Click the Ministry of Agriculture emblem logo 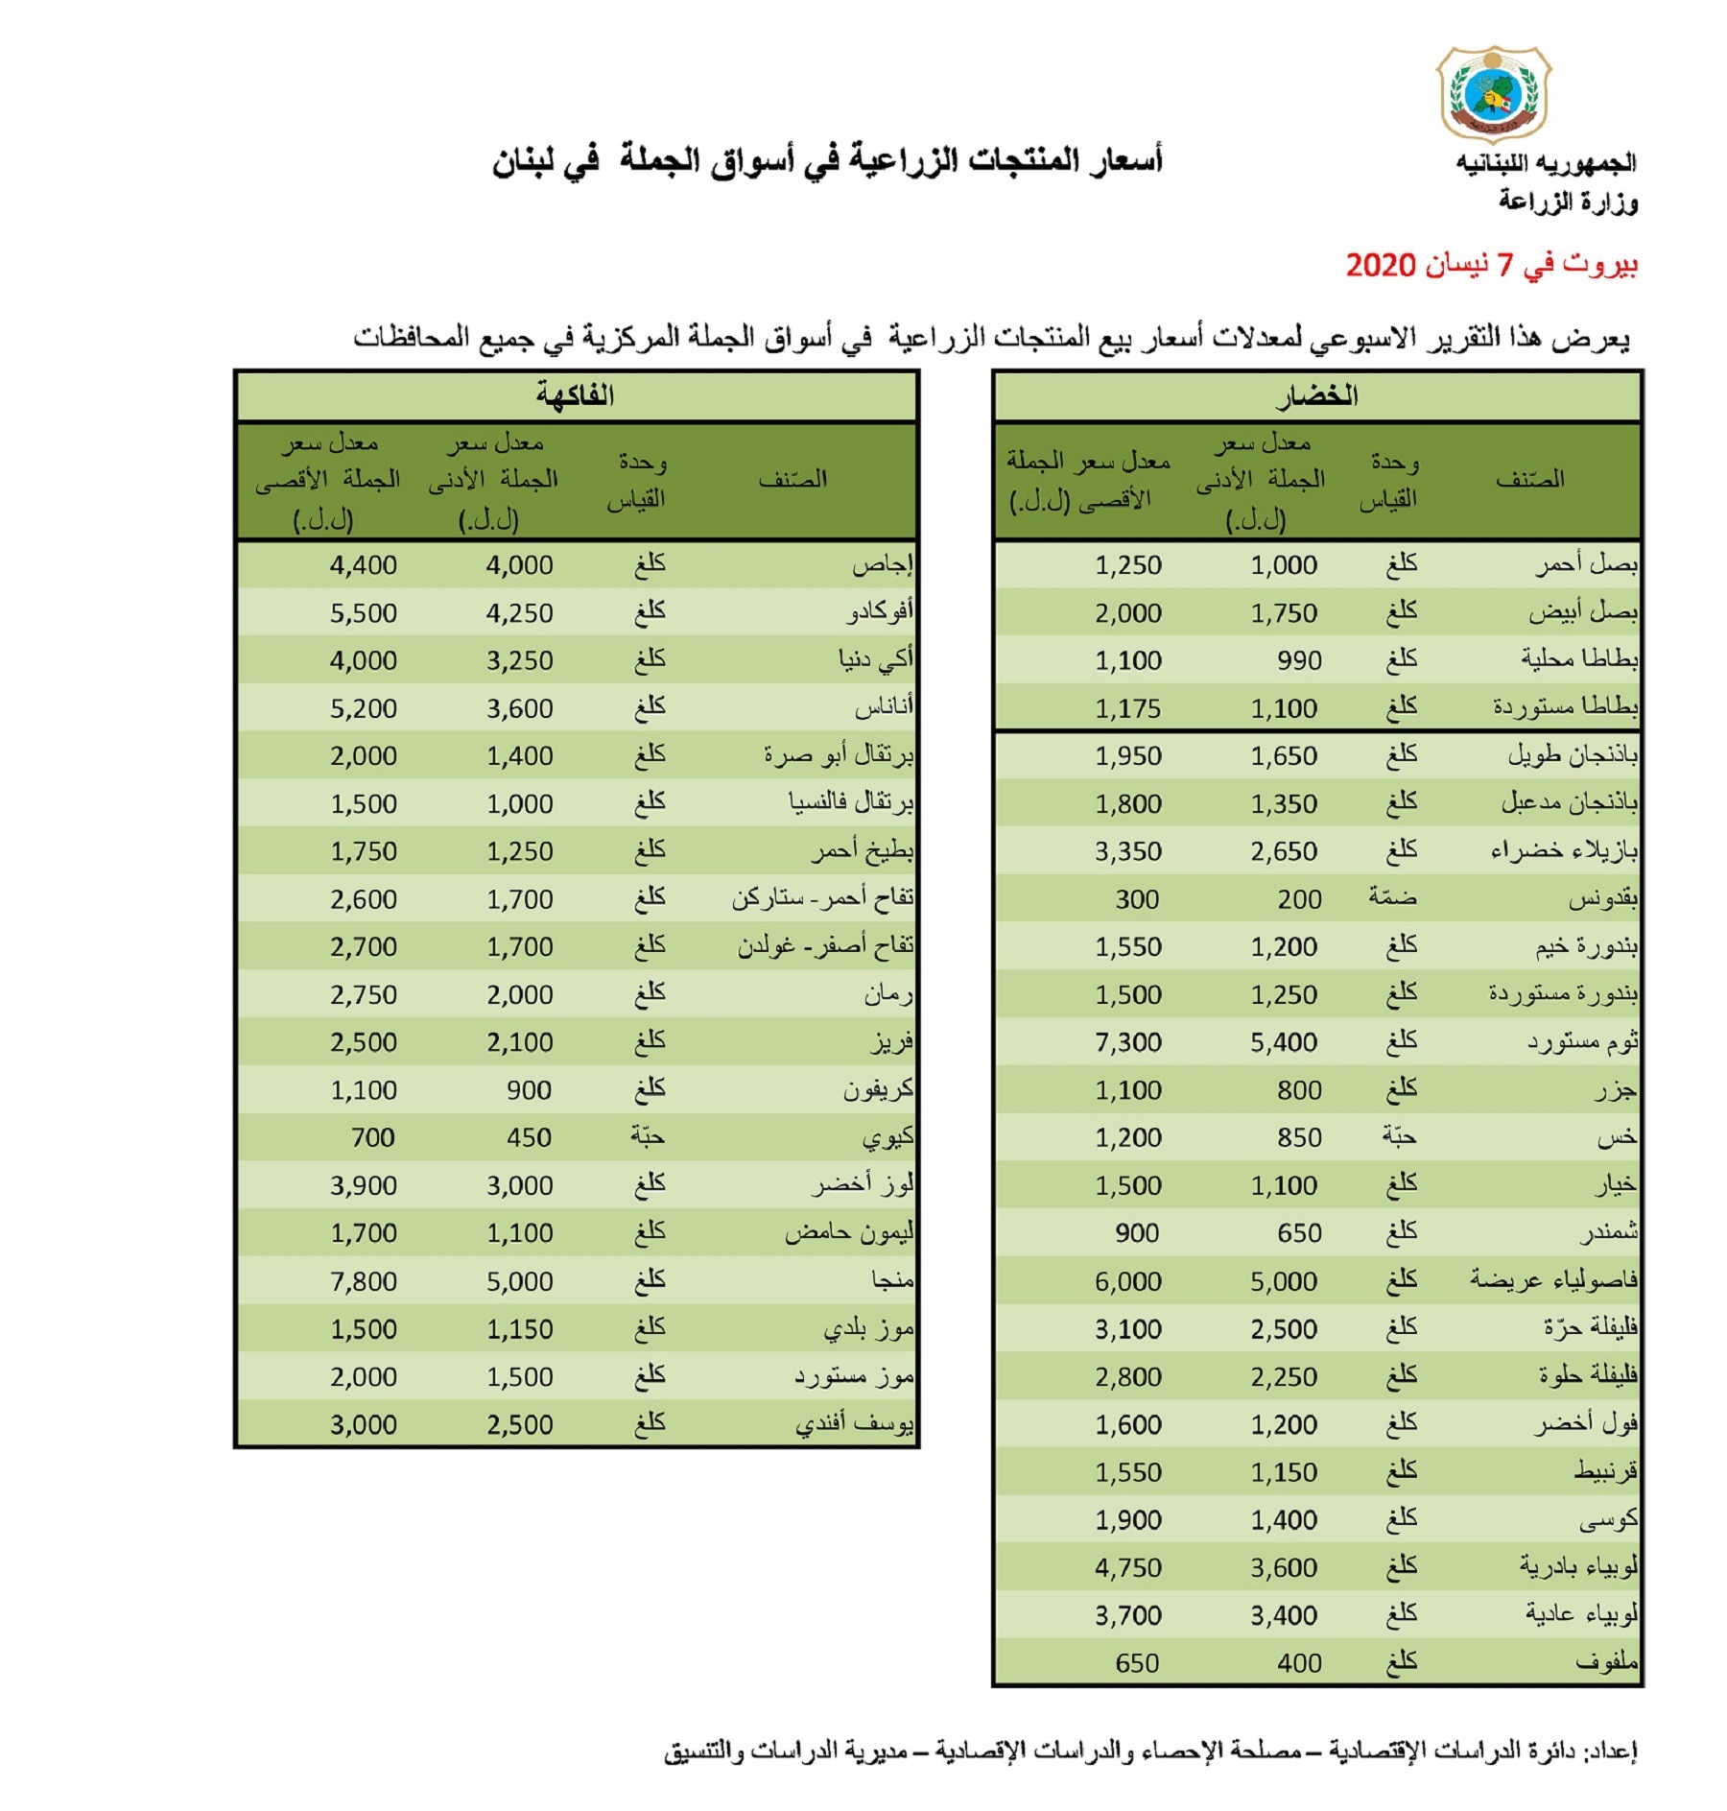[x=1493, y=94]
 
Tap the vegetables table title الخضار [x=1316, y=395]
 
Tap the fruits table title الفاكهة [x=576, y=395]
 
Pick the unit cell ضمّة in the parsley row [x=1392, y=899]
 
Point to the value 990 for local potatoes [x=1299, y=660]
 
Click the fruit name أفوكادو [x=880, y=612]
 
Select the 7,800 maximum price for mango [x=363, y=1281]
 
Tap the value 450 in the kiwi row [x=529, y=1137]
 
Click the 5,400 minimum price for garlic [x=1284, y=1042]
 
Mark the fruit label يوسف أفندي [x=854, y=1424]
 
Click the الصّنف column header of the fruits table [x=793, y=479]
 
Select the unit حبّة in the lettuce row [x=1399, y=1137]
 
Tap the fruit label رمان [x=888, y=994]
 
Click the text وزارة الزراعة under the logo [x=1568, y=202]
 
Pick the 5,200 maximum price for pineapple [x=363, y=708]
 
